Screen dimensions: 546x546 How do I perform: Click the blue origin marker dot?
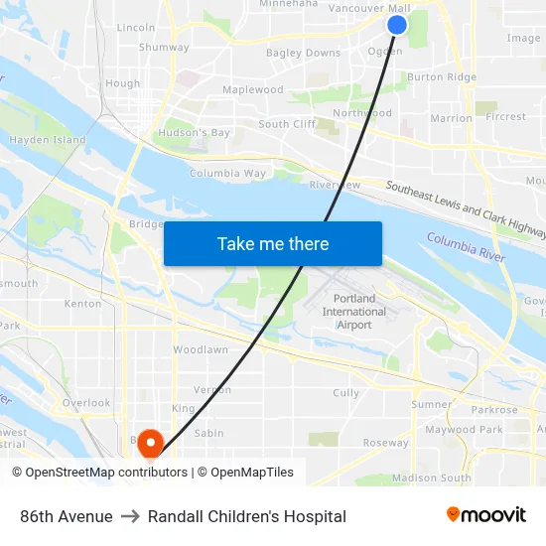[x=396, y=25]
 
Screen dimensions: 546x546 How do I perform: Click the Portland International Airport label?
[x=354, y=312]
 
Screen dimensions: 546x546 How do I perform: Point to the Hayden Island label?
[x=48, y=140]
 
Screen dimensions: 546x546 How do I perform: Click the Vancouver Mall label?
[x=362, y=8]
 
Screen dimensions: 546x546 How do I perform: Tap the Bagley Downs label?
[x=303, y=53]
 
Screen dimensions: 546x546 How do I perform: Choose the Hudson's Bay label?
[x=194, y=132]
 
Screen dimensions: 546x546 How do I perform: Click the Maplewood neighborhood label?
[x=252, y=89]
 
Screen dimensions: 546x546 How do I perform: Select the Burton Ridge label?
[x=442, y=76]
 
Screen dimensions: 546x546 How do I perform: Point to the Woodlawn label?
[x=201, y=349]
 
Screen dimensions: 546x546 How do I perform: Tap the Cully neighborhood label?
[x=346, y=393]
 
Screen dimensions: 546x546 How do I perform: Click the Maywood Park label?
[x=464, y=430]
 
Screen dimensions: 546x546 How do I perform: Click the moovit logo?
[x=486, y=515]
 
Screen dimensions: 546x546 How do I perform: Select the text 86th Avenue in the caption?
[x=67, y=516]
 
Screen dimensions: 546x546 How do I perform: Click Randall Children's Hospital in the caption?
[x=247, y=516]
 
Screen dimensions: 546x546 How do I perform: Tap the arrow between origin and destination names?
[x=130, y=516]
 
